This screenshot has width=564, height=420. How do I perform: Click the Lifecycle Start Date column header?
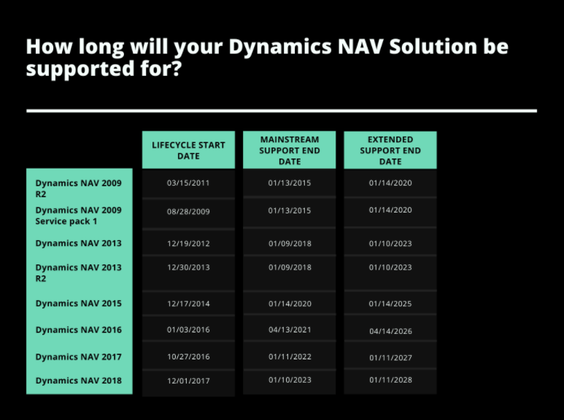(188, 150)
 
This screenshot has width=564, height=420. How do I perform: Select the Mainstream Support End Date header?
(289, 150)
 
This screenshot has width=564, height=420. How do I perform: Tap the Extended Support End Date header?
(390, 150)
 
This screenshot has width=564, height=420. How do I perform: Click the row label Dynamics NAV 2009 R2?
(79, 188)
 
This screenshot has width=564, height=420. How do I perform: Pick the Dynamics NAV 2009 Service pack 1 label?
(79, 215)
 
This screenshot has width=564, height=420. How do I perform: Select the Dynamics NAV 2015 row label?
(79, 303)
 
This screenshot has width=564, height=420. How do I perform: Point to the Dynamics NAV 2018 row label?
(79, 381)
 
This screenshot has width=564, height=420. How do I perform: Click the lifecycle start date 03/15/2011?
(188, 183)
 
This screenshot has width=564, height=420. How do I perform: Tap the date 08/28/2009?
(188, 210)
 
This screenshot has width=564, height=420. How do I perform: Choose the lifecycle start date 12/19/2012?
(188, 243)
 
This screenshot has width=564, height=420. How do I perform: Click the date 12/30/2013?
(188, 267)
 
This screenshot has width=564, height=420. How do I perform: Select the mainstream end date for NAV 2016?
(289, 329)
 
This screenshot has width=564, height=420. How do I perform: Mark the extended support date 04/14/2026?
(390, 331)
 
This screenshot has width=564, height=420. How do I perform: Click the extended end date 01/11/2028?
(390, 381)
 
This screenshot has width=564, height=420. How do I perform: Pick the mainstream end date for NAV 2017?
(289, 356)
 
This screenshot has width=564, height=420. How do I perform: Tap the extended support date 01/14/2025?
(390, 303)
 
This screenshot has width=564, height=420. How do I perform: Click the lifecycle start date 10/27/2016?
(188, 356)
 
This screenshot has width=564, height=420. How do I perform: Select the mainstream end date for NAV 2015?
(289, 303)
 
